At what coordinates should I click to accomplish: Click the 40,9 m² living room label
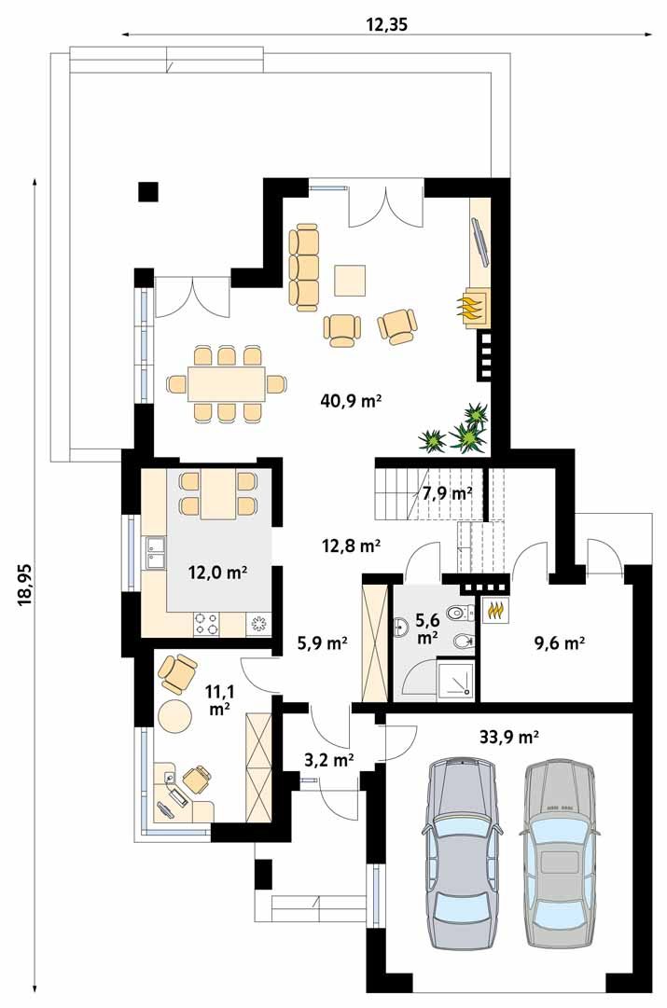click(x=351, y=401)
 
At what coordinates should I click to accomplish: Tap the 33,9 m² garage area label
click(x=508, y=736)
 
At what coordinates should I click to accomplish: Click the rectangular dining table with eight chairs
click(x=227, y=384)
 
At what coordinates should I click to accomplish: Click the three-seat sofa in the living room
click(x=303, y=264)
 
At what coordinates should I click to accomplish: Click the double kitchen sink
click(x=154, y=554)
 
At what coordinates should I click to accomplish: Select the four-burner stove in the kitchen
click(x=206, y=623)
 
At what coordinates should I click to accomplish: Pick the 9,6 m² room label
click(x=560, y=642)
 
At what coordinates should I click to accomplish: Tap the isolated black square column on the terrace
click(x=148, y=191)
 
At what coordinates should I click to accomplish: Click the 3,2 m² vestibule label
click(x=328, y=760)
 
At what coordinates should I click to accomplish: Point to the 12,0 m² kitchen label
click(x=218, y=572)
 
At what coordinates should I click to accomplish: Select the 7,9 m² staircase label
click(x=447, y=493)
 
